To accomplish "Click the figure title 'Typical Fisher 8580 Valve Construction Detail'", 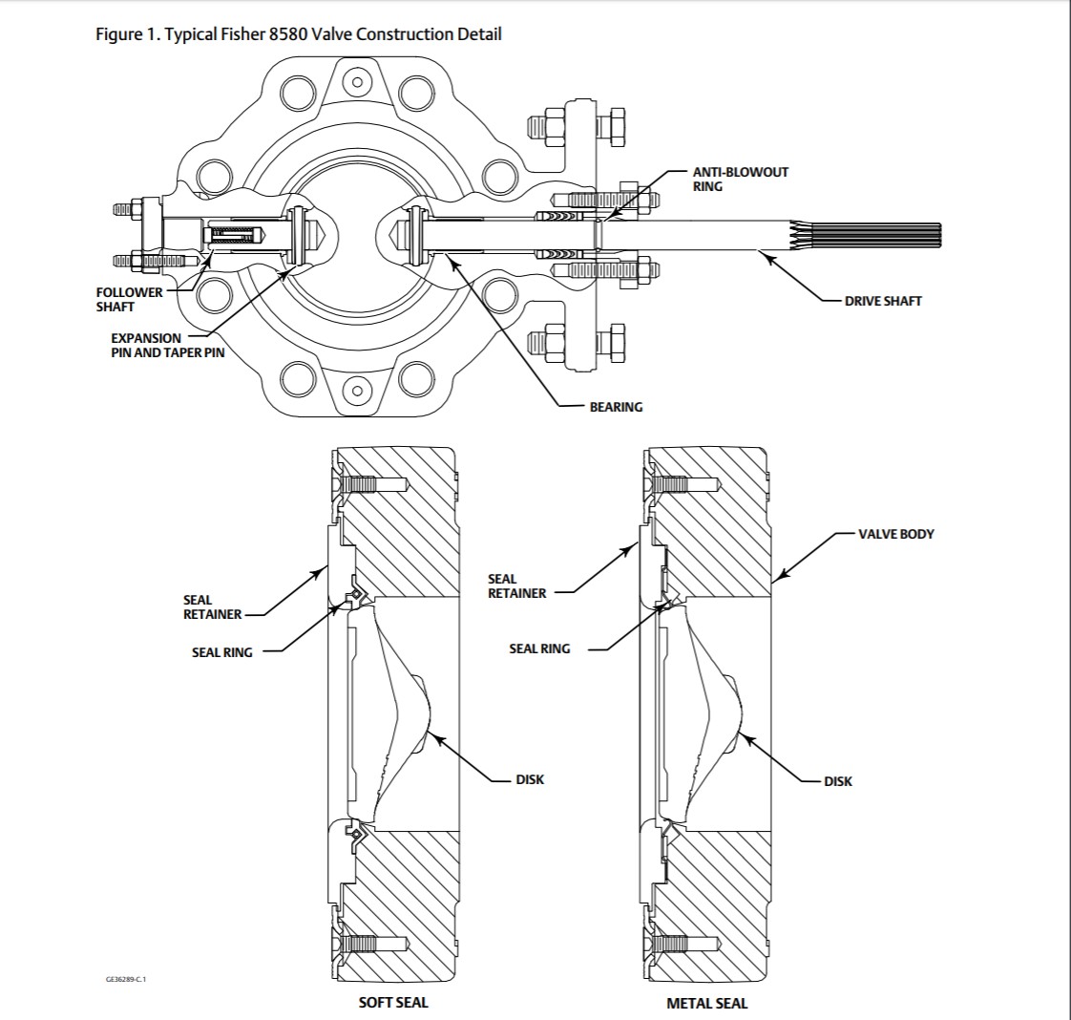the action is tap(333, 34).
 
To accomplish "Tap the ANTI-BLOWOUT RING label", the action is tap(741, 179).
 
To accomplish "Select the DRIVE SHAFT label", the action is tap(883, 301).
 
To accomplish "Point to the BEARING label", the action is tap(616, 407).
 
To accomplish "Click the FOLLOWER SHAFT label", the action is tap(129, 299).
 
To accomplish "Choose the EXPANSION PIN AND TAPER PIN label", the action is tap(167, 345).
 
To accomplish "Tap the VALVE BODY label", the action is tap(896, 534).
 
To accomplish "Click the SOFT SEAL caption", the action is tap(393, 1002).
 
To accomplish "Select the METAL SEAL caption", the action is tap(707, 1003).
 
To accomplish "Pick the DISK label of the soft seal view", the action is tap(530, 779).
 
